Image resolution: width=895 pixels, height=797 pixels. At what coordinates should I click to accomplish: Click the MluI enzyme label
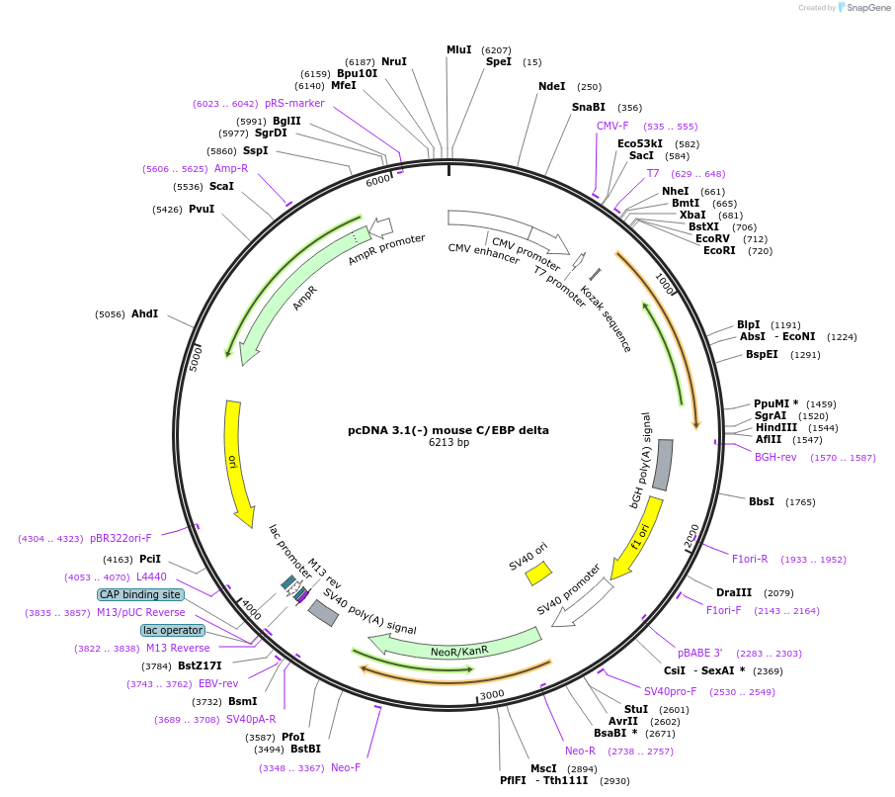tap(459, 49)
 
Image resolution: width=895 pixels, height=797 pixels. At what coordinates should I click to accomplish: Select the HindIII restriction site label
tap(775, 428)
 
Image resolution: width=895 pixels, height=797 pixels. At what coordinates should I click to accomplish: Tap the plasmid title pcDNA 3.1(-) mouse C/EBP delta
tap(448, 430)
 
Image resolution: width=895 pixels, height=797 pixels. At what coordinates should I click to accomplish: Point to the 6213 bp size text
tap(448, 442)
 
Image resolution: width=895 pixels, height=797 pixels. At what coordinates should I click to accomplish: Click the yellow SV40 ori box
tap(538, 573)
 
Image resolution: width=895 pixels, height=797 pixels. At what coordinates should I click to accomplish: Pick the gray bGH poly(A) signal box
tap(663, 465)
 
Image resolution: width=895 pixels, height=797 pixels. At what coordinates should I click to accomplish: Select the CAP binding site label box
tap(139, 594)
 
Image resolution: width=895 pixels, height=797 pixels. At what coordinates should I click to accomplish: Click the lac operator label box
tap(173, 630)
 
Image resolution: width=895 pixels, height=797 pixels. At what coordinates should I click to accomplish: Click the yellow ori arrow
tap(237, 463)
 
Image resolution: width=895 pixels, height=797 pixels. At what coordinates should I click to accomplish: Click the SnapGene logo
tap(864, 8)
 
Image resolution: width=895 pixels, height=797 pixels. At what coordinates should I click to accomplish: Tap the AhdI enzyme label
tap(145, 313)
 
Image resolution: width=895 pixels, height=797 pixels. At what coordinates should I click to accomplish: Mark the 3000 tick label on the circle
tap(492, 694)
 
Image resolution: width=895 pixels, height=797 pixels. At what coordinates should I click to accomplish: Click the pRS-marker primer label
tap(294, 103)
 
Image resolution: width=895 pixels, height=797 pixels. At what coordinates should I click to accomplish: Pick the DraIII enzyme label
tap(734, 593)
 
